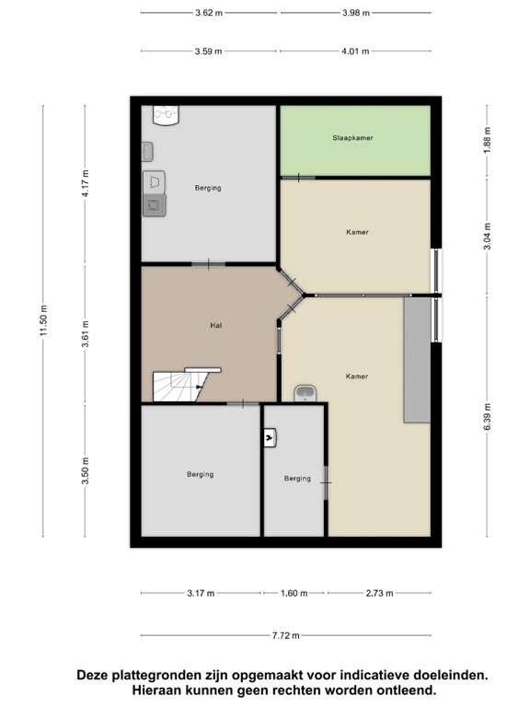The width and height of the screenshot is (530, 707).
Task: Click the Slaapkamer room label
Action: click(352, 138)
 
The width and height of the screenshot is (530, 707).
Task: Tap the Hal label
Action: click(216, 325)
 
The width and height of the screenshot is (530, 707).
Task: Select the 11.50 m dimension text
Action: click(43, 320)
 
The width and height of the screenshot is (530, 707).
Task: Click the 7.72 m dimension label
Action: click(286, 635)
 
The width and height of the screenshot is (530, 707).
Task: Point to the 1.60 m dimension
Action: click(294, 593)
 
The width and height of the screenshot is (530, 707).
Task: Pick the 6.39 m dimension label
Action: click(487, 416)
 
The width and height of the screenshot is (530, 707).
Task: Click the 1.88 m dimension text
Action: click(487, 140)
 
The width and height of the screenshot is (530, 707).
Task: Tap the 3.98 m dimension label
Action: click(355, 13)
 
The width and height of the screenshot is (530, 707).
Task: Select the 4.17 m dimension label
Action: click(86, 183)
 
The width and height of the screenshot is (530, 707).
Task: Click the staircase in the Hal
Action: click(180, 385)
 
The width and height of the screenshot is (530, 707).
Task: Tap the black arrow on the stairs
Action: click(199, 387)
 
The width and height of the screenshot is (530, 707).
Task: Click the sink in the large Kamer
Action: click(305, 393)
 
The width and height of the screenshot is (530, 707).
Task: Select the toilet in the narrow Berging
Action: click(270, 437)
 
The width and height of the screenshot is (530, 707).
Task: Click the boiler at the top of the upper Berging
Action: click(166, 115)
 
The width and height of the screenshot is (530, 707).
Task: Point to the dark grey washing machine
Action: click(154, 205)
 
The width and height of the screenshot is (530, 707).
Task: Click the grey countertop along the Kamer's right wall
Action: click(417, 360)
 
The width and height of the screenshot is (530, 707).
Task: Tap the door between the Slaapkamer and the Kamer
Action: click(298, 178)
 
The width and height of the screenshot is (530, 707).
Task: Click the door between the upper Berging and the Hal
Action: click(208, 264)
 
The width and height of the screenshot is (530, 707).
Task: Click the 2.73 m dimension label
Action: click(379, 593)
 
